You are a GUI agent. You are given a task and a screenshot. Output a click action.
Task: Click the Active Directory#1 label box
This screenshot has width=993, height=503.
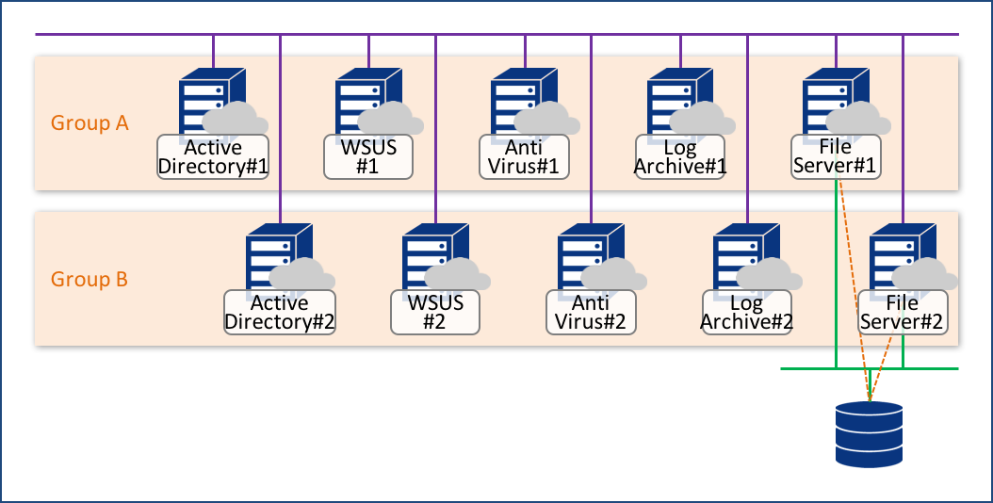coord(213,156)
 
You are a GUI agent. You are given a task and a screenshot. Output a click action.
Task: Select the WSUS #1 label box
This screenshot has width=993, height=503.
coord(368,156)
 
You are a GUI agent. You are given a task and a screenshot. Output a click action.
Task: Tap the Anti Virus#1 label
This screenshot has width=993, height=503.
coord(525,156)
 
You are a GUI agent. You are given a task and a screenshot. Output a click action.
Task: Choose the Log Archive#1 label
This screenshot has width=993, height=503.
coord(680,156)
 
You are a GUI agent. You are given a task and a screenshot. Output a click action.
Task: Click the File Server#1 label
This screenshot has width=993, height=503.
coord(836,156)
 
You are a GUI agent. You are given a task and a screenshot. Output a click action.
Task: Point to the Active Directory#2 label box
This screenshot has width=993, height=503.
coord(280,312)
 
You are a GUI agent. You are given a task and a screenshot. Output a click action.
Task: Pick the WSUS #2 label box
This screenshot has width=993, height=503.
coord(435,312)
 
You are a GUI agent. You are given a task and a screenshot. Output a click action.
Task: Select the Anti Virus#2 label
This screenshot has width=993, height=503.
coord(592,312)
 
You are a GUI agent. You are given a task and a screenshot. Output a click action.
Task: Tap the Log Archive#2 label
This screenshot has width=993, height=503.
coord(747,312)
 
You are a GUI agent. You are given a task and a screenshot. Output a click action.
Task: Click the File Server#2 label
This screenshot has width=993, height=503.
coord(903,312)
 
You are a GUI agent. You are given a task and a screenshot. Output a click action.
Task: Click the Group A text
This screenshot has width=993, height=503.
coord(90,122)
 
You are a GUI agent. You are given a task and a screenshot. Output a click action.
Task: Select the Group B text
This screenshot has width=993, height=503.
coord(90,280)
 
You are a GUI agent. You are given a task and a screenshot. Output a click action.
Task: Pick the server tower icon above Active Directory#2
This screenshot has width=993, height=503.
coord(269,256)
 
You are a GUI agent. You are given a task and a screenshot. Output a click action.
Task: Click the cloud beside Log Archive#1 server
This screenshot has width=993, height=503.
coord(703,119)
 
